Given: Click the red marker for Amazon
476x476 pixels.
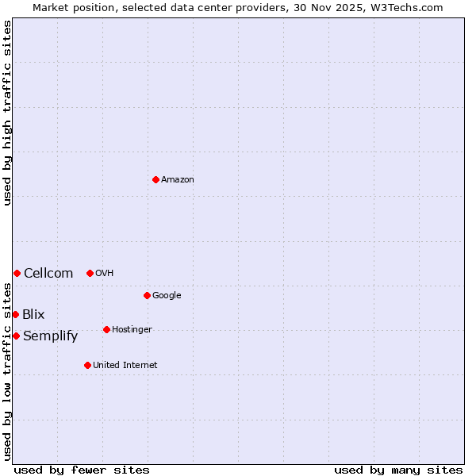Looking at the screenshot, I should click(x=155, y=179).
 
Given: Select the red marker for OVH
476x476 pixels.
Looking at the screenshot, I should click(x=90, y=273).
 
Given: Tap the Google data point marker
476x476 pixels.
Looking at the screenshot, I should click(x=147, y=295).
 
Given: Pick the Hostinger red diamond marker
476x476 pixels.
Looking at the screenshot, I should click(x=106, y=329).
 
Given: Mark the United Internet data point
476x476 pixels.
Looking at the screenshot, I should click(x=87, y=365).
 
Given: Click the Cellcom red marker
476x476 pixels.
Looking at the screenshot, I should click(x=17, y=273).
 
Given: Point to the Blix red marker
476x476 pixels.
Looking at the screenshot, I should click(x=15, y=314).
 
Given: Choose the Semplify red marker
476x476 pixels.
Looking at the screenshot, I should click(x=16, y=336).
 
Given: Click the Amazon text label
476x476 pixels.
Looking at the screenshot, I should click(x=178, y=180).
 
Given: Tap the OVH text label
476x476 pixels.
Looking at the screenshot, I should click(x=105, y=274).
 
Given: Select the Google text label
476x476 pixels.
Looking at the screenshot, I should click(x=167, y=296).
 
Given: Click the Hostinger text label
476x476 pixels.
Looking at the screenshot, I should click(x=132, y=330).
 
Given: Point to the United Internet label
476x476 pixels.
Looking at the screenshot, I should click(x=125, y=366).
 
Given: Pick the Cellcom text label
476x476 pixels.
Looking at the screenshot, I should click(x=48, y=274).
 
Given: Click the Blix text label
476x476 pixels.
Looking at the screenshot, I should click(x=33, y=315).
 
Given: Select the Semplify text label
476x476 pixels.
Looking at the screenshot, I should click(x=51, y=336).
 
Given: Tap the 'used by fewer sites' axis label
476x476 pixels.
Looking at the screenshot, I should click(x=82, y=470).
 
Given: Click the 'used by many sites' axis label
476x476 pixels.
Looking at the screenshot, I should click(x=398, y=470).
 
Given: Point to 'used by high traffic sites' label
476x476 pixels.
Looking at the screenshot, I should click(x=7, y=113).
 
